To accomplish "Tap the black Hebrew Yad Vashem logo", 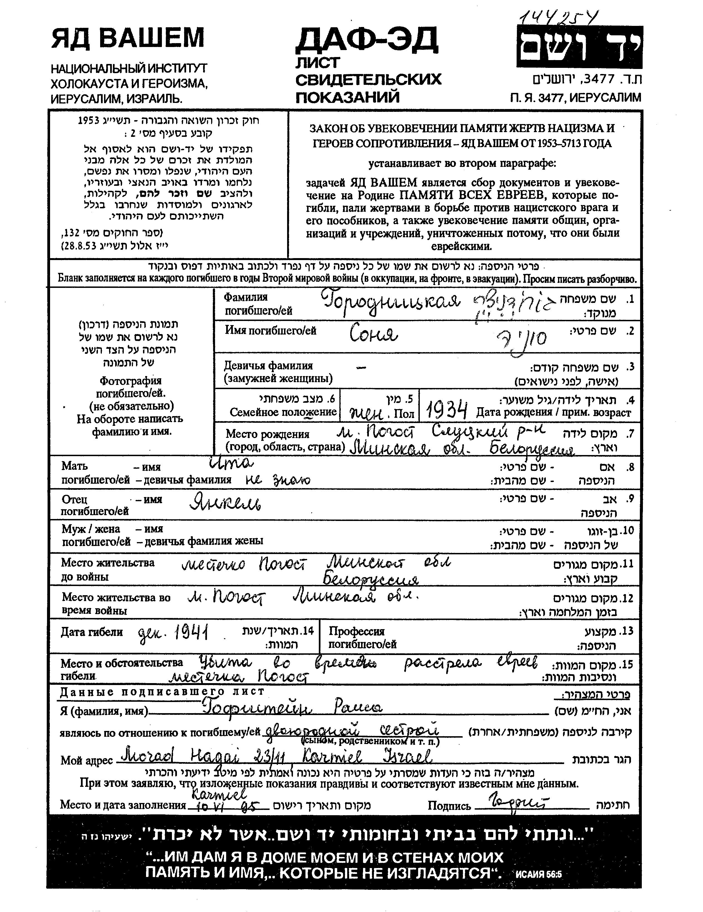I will [x=579, y=47].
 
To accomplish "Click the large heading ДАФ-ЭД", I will [x=366, y=40].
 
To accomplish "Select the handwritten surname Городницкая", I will [x=391, y=302].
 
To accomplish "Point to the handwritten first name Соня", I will [x=373, y=334].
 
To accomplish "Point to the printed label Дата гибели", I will [x=92, y=632].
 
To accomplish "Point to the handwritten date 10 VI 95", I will [x=228, y=807].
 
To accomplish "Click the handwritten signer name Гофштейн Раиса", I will [x=292, y=707].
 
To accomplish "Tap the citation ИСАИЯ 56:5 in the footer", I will [x=539, y=874].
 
